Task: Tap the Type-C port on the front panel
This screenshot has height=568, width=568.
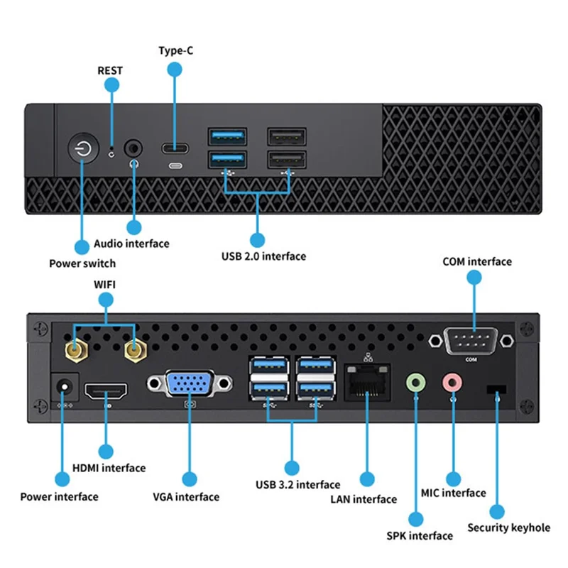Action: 175,148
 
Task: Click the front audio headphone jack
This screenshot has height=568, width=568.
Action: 133,148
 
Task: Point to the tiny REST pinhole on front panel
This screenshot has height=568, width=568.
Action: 111,152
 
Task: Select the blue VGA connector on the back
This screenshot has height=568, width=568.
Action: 190,384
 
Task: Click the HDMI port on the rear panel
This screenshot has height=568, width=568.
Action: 106,391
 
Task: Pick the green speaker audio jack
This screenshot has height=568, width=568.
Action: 416,383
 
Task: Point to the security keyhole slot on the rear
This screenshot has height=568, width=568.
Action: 497,390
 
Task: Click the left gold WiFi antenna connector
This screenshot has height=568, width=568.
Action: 75,349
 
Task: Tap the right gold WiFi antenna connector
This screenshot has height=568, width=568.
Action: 133,349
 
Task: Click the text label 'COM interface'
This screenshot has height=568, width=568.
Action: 476,262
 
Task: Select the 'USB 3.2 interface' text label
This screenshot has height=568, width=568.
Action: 297,485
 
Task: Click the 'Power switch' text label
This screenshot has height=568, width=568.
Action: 82,263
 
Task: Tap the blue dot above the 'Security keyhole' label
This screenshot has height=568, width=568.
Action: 497,511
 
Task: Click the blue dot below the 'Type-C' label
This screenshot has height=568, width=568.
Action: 175,69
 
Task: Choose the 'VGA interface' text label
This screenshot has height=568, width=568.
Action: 186,497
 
